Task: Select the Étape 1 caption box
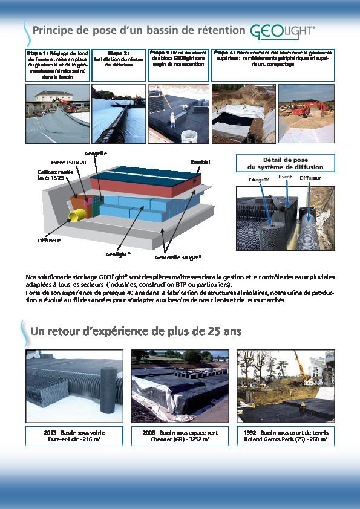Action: (57, 65)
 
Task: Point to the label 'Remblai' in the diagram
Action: (200, 162)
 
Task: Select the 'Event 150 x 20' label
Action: (68, 163)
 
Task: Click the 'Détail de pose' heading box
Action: (284, 163)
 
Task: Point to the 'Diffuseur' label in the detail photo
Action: (310, 179)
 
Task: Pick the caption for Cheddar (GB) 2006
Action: (180, 436)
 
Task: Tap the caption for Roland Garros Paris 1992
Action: (286, 436)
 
